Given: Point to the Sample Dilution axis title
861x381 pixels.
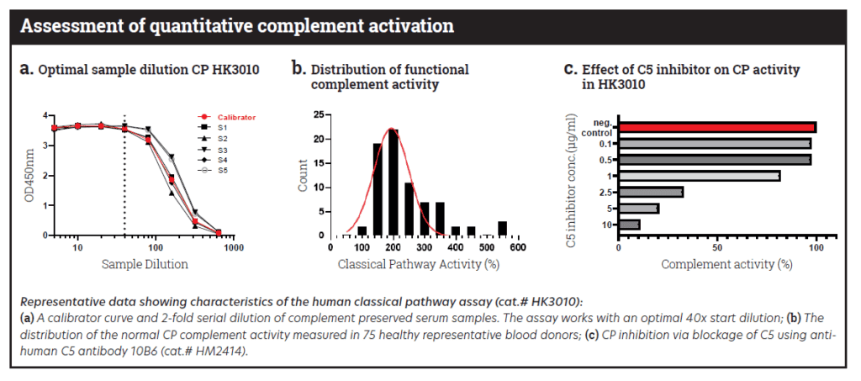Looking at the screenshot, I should tap(144, 264).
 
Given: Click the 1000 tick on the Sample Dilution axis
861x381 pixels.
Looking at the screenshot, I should tap(233, 248).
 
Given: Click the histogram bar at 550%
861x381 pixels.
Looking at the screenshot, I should tap(502, 228).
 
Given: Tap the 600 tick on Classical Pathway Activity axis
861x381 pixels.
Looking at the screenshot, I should tap(518, 248).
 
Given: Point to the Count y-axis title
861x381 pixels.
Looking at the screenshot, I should tap(305, 175).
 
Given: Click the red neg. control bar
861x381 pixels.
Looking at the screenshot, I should tap(716, 127).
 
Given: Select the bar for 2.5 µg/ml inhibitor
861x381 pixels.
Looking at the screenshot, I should tap(650, 192).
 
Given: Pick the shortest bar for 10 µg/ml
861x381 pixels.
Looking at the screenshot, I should tap(629, 225).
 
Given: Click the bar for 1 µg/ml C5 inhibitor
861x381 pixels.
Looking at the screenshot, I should tap(699, 176).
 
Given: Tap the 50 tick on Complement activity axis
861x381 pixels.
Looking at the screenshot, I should tap(716, 249).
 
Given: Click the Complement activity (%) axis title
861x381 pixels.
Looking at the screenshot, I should tap(726, 264).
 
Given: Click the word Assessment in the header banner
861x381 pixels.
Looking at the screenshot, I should tap(68, 25).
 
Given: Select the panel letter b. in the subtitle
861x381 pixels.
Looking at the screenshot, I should tap(298, 69).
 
